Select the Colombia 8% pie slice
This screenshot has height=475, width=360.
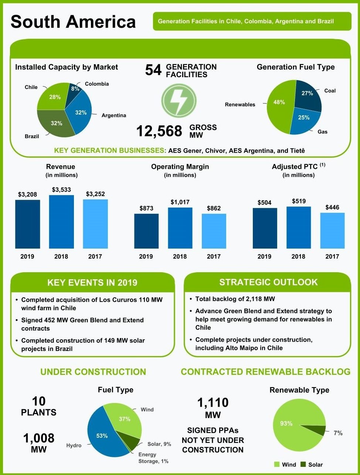75,90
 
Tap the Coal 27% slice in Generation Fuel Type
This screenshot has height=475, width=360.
308,95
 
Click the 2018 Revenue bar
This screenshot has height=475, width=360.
61,222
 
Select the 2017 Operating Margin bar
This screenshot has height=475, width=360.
214,231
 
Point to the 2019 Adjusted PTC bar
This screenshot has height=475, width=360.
265,228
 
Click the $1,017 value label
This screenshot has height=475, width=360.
180,202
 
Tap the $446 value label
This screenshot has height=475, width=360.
332,207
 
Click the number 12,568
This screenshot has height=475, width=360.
159,131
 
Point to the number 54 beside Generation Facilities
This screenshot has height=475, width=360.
153,70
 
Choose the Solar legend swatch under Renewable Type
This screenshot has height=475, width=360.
303,465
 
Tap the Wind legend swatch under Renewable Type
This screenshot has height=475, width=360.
277,465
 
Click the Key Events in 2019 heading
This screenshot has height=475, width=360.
92,283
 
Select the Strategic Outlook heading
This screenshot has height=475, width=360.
268,282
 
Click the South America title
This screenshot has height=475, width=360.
73,21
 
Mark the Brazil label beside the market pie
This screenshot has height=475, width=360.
32,136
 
